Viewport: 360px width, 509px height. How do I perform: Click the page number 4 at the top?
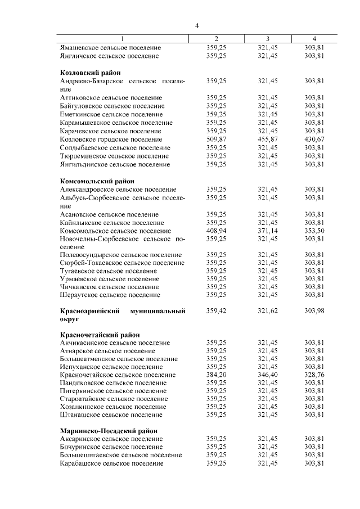coord(197,25)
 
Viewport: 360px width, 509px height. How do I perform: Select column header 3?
coord(268,39)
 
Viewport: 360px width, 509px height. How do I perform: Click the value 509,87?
coord(217,139)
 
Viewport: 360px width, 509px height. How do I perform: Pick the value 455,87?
coord(268,139)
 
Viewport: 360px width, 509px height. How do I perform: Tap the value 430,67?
coord(314,139)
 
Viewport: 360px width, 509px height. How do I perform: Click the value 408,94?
coord(217,231)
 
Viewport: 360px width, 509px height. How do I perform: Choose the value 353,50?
coord(314,231)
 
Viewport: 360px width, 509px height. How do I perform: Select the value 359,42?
coord(217,310)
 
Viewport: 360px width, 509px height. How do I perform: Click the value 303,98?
coord(314,310)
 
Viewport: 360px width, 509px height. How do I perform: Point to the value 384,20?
coord(217,375)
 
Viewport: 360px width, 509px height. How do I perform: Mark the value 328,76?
coord(314,375)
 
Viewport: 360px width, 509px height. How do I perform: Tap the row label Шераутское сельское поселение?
coord(110,295)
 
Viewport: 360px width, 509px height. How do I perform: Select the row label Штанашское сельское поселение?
coord(111,415)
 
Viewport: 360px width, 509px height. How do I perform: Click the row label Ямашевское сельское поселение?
coord(110,48)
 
